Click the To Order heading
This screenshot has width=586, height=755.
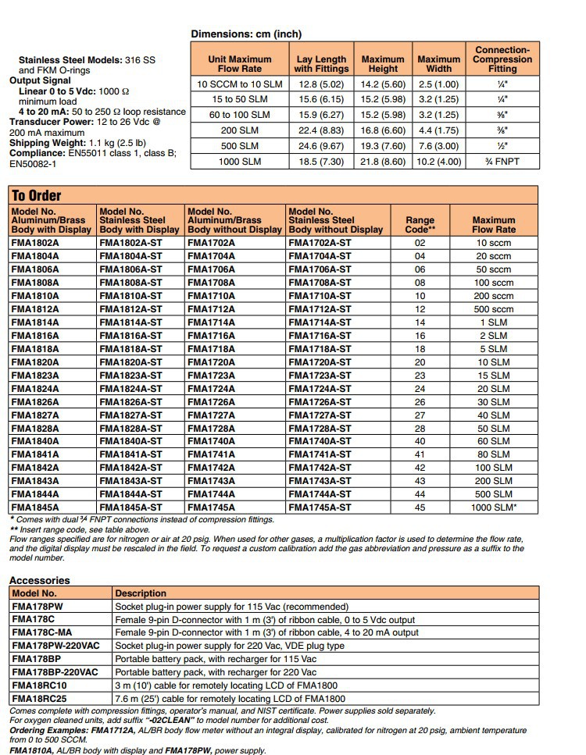point(36,195)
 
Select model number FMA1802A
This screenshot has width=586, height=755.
point(34,243)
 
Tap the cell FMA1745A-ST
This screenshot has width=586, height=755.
point(320,507)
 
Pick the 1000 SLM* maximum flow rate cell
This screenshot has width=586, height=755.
point(494,507)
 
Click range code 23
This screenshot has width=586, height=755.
point(420,376)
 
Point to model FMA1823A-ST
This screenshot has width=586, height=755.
point(130,376)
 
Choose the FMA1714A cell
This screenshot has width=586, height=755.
point(211,322)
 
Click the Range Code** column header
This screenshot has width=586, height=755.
point(420,225)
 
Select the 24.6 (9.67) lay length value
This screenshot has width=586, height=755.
point(321,144)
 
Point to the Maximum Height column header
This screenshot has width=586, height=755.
point(383,63)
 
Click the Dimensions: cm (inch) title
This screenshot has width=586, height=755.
point(246,34)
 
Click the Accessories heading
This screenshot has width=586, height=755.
point(39,580)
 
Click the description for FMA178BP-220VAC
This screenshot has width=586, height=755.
point(216,672)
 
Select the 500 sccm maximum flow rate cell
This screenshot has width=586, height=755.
point(494,309)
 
